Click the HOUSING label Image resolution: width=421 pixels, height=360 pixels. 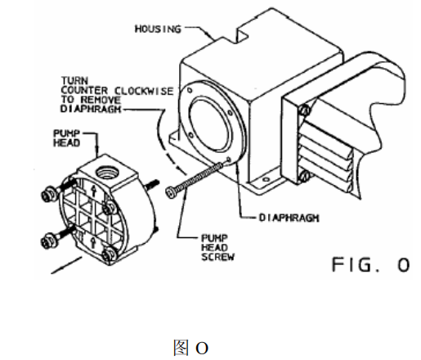(158, 29)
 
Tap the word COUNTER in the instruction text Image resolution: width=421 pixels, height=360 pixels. (84, 91)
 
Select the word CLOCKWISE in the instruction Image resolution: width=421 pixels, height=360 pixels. (144, 91)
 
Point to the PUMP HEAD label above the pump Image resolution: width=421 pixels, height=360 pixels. (66, 138)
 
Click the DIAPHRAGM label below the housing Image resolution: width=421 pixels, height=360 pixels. (289, 218)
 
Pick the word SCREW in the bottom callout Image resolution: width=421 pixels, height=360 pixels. (218, 257)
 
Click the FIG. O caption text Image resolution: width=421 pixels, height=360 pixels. (371, 264)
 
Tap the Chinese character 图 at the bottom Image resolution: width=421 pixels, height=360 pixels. (181, 348)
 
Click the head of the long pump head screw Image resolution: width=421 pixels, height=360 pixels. (170, 191)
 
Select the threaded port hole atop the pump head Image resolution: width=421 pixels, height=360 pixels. (107, 173)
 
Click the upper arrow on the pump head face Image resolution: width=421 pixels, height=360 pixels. (93, 190)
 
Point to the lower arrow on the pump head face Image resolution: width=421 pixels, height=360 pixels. (93, 242)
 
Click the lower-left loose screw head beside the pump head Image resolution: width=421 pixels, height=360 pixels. (48, 241)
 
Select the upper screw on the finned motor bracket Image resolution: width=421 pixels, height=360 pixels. (305, 110)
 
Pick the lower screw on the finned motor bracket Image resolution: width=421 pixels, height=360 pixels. (304, 177)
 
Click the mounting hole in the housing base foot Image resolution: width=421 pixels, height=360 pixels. (266, 179)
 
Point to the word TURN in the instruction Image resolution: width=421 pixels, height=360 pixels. (74, 81)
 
